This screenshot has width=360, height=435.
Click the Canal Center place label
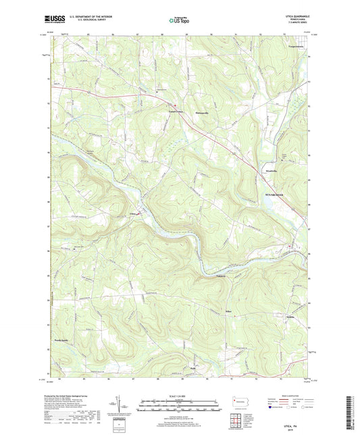pos(176,110)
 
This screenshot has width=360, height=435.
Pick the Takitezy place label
pos(220,276)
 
